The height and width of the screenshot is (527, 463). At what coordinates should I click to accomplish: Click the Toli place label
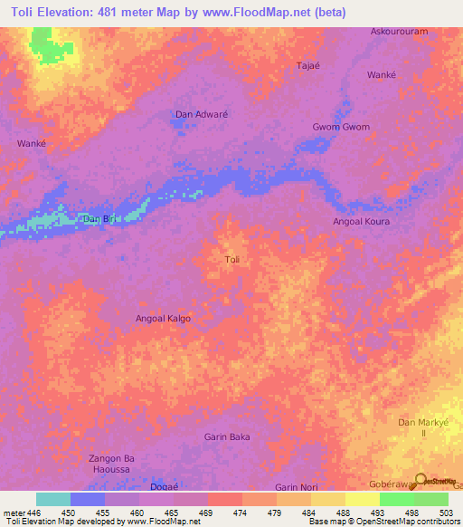[231, 260]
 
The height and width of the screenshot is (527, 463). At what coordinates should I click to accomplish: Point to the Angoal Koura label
[361, 220]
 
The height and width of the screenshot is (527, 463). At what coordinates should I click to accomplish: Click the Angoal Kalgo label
[163, 319]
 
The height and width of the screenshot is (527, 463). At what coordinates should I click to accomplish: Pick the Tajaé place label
[309, 66]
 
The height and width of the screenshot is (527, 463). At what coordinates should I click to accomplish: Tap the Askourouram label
[399, 31]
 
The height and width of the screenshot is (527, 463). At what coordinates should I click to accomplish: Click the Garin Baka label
[226, 436]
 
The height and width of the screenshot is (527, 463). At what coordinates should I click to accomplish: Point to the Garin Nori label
[298, 487]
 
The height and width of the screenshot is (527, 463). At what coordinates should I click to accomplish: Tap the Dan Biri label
[99, 219]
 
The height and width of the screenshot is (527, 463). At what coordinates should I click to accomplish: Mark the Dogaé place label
[164, 487]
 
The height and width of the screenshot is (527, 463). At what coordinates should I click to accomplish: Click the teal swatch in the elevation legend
[52, 499]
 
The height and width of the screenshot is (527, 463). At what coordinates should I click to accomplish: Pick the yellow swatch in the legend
[363, 499]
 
